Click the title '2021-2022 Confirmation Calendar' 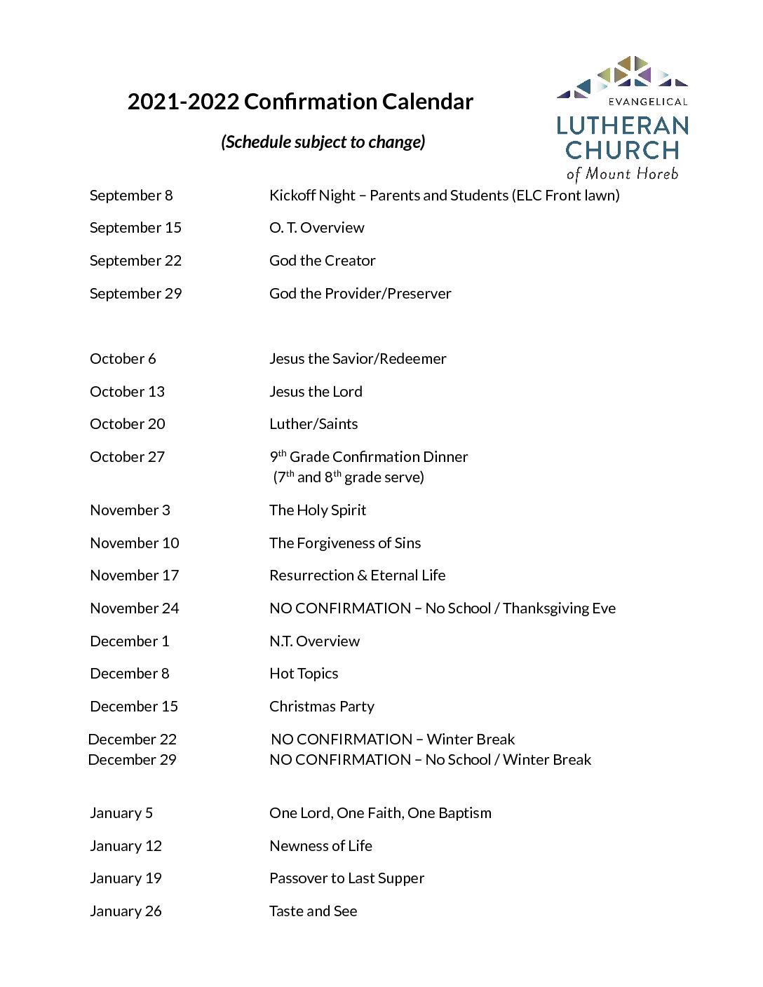pyautogui.click(x=300, y=102)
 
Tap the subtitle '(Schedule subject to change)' pyautogui.click(x=323, y=142)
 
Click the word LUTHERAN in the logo pyautogui.click(x=623, y=126)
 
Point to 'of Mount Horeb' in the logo pyautogui.click(x=623, y=174)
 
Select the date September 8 pyautogui.click(x=131, y=196)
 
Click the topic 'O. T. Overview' pyautogui.click(x=317, y=228)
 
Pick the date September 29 pyautogui.click(x=135, y=294)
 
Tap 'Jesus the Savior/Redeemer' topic pyautogui.click(x=358, y=359)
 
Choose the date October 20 pyautogui.click(x=128, y=424)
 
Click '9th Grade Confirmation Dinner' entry pyautogui.click(x=369, y=457)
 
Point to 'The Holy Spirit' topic pyautogui.click(x=318, y=510)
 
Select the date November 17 pyautogui.click(x=135, y=576)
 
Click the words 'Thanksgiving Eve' pyautogui.click(x=559, y=608)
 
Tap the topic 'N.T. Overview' pyautogui.click(x=314, y=641)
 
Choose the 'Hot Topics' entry pyautogui.click(x=304, y=674)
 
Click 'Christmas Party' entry pyautogui.click(x=322, y=707)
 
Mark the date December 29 pyautogui.click(x=133, y=760)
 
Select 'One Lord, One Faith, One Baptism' pyautogui.click(x=380, y=813)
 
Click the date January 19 pyautogui.click(x=126, y=878)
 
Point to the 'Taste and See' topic pyautogui.click(x=313, y=911)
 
